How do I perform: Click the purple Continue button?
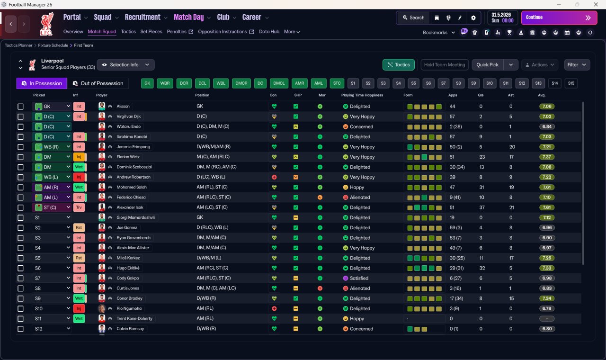tap(559, 18)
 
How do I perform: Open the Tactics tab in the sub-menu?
tap(128, 32)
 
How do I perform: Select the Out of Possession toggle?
tap(98, 83)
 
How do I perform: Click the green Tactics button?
tap(399, 65)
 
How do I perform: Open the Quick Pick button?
tap(487, 65)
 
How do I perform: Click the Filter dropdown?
tap(577, 65)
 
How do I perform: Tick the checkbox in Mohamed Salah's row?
tap(20, 187)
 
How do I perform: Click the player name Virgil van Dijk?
tap(129, 117)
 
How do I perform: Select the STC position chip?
tap(337, 83)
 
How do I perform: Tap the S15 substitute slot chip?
tap(571, 83)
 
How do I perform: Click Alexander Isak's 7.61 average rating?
tap(547, 207)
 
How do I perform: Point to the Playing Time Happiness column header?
tap(362, 95)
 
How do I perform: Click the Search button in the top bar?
tap(413, 18)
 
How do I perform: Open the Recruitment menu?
tap(143, 18)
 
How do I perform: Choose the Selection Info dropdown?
tap(126, 65)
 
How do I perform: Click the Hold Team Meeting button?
tap(445, 65)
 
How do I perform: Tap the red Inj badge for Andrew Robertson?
tap(79, 177)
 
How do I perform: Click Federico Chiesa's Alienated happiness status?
tap(360, 198)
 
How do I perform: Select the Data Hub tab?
tap(269, 32)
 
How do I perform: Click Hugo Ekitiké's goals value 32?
tap(482, 268)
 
